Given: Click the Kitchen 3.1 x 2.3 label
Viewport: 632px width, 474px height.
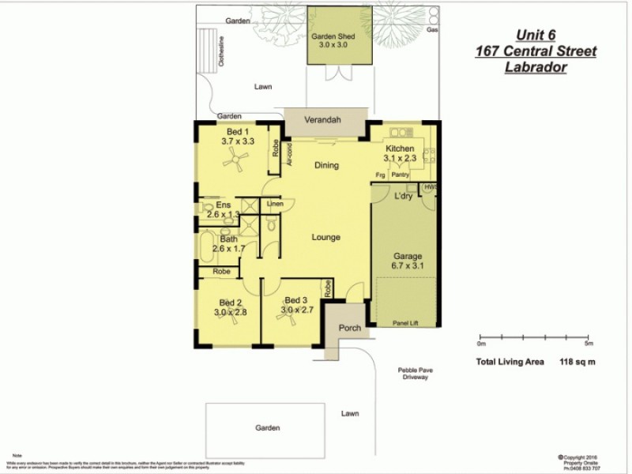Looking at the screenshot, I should tap(400, 153).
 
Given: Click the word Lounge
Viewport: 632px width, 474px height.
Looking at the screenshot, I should tap(325, 237).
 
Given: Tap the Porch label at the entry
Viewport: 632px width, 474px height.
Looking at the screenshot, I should tap(349, 328).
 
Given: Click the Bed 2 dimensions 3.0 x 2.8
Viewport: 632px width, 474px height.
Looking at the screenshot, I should tap(231, 313).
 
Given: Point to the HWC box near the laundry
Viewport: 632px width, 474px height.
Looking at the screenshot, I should tap(431, 187).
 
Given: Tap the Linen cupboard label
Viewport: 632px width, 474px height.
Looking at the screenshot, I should tap(274, 205).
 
